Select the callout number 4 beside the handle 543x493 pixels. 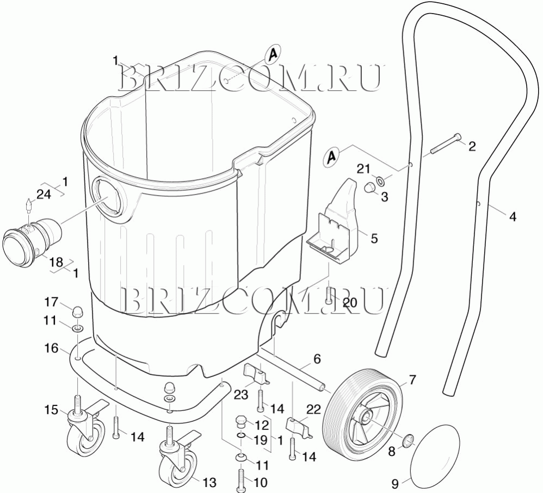pos(513,217)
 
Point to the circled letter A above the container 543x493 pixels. pos(273,55)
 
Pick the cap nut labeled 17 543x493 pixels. pos(78,311)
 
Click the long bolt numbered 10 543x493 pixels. pos(240,479)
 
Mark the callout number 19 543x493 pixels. pos(261,440)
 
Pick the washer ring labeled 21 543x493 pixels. pos(380,180)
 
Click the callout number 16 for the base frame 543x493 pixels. pos(52,348)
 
